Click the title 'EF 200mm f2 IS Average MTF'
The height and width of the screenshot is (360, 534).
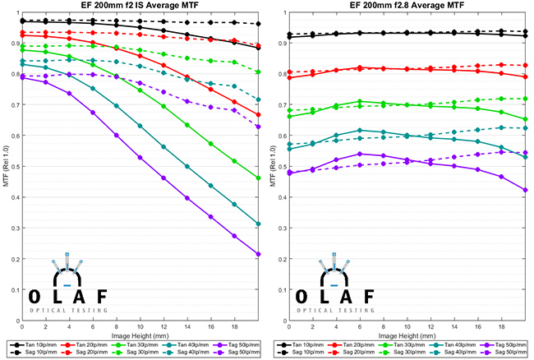140,7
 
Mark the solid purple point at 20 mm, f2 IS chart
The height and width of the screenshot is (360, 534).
259,255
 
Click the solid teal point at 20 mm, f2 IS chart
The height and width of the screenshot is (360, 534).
259,224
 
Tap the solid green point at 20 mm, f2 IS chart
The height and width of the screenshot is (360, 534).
259,178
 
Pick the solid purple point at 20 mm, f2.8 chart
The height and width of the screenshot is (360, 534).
525,190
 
